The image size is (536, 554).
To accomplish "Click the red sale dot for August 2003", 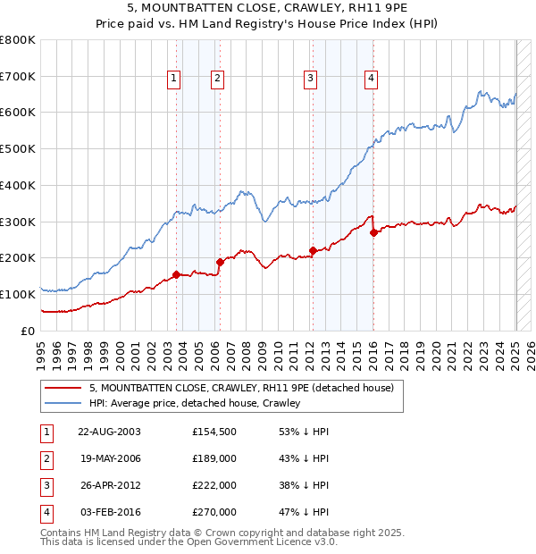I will [177, 274].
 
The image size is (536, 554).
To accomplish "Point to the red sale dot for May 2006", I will [220, 262].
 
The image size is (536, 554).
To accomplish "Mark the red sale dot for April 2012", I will [313, 250].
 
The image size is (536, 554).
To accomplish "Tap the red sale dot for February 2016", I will [373, 232].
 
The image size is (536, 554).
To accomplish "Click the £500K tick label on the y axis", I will [18, 149].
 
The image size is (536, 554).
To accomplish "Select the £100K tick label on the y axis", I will [18, 294].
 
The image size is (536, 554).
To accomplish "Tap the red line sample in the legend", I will [63, 389].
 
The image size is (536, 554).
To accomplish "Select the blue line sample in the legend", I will [63, 403].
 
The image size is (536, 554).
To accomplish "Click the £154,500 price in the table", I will [214, 432].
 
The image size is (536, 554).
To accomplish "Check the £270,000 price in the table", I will [214, 512].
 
